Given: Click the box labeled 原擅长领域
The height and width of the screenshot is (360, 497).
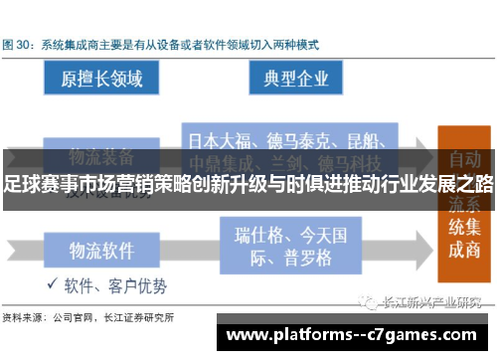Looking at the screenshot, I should [x=101, y=79].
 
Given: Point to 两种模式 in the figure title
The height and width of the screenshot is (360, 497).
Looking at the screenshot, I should [x=291, y=45].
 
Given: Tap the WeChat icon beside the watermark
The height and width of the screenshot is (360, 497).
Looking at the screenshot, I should [x=369, y=304].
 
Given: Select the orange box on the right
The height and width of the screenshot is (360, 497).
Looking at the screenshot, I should [x=462, y=204].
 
